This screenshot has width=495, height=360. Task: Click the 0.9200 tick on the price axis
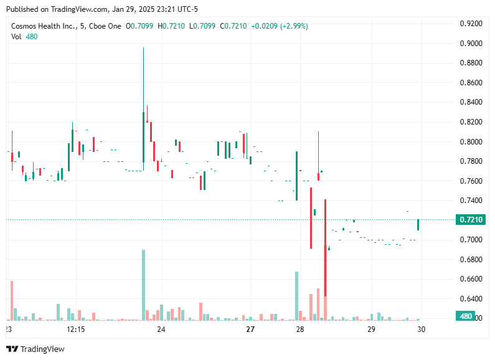tap(471, 24)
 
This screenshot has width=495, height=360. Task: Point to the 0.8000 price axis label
tap(471, 141)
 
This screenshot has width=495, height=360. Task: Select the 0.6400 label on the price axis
tap(471, 298)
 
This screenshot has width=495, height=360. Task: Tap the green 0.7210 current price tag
tap(471, 220)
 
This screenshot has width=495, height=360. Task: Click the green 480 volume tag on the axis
tap(466, 316)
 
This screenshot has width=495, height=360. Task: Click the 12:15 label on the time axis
tap(75, 329)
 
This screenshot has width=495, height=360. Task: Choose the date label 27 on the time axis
tap(250, 329)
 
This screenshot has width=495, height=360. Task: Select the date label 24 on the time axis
tap(161, 329)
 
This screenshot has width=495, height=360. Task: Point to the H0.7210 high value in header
tap(170, 26)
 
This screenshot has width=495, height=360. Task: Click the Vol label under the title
tap(16, 37)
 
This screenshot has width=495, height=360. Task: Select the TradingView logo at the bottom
tap(35, 349)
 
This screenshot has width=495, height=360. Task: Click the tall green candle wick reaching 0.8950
tap(143, 87)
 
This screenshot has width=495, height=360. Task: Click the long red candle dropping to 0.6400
tap(325, 249)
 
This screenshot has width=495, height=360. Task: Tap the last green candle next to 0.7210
tap(418, 225)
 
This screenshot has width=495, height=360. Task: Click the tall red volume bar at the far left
tap(12, 300)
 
